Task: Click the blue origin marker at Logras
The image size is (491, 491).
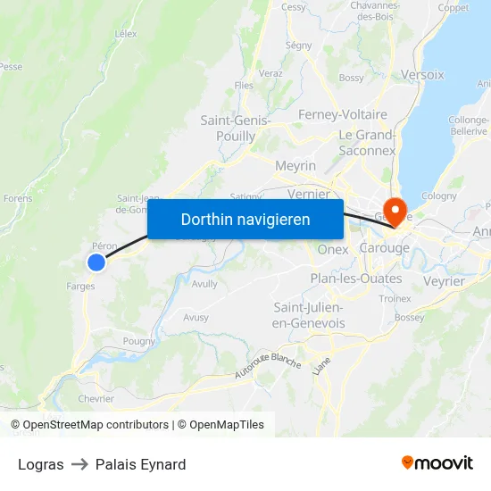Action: pos(96,262)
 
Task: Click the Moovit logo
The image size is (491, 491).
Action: pos(437,462)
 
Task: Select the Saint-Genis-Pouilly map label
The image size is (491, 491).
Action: pos(229,128)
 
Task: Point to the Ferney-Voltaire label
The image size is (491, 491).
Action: pos(343,114)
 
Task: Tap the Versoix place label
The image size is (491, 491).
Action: pos(422,75)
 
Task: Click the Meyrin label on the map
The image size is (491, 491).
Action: pos(295,166)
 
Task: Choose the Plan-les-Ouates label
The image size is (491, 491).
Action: pos(355,279)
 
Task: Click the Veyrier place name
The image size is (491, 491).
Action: pos(445,281)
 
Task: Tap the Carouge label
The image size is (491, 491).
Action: pos(384,247)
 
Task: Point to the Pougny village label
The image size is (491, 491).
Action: pos(138,340)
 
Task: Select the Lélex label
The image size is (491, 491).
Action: pos(126,34)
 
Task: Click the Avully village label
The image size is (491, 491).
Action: pos(204,284)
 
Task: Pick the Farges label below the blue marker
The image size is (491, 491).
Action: pos(80,287)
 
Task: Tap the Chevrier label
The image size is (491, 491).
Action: pos(96,399)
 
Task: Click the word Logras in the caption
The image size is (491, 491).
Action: pos(40,464)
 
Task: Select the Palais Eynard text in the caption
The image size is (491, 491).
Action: pos(141,464)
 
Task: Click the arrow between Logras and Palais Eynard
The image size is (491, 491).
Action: pos(79,464)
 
